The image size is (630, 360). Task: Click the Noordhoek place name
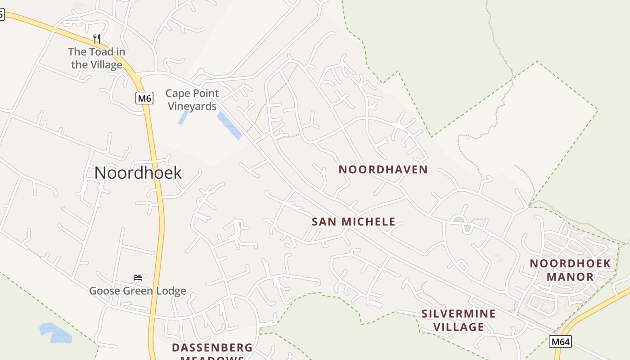(x=138, y=173)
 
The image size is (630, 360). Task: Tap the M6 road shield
(x=144, y=98)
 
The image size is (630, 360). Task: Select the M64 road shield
(x=561, y=342)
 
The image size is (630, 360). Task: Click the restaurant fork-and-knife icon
(x=97, y=39)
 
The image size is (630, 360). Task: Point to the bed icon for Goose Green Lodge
(x=138, y=277)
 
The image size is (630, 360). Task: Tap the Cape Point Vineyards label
(x=192, y=99)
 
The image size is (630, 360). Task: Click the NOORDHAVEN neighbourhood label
(x=383, y=170)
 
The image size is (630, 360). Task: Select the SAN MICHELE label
(x=354, y=221)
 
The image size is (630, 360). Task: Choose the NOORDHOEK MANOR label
(x=570, y=270)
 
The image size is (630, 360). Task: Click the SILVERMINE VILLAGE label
(x=459, y=320)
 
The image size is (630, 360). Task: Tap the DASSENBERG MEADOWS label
(x=212, y=351)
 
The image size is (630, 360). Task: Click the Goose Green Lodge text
(x=138, y=291)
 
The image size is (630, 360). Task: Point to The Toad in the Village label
(x=97, y=58)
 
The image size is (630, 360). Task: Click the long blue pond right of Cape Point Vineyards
(x=229, y=126)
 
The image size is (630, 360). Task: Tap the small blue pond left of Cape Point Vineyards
(x=183, y=117)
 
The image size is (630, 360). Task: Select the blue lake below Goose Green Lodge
(x=55, y=333)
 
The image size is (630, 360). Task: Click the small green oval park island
(x=459, y=220)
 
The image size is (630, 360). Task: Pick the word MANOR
(x=570, y=277)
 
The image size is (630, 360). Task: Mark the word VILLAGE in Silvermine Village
(x=459, y=327)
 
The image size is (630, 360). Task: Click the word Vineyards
(x=192, y=106)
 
